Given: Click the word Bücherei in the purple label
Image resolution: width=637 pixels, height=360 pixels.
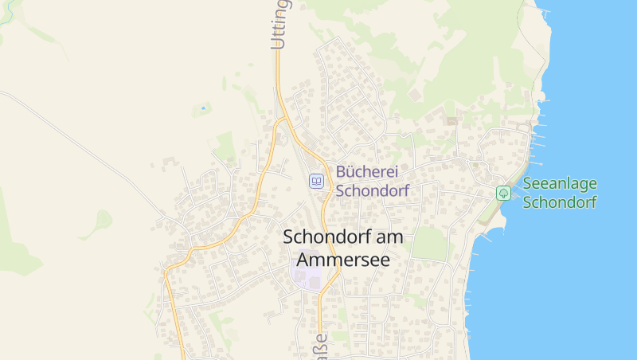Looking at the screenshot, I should click(366, 171).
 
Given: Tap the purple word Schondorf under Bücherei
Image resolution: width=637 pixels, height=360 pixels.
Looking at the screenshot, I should click(372, 191).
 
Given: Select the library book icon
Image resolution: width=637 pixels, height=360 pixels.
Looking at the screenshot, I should click(317, 182).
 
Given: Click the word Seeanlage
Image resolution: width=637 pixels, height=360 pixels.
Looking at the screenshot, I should click(560, 183).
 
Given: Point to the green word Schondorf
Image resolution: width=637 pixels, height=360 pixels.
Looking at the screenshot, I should click(560, 202).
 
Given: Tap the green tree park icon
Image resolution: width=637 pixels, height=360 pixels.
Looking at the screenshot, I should click(503, 193).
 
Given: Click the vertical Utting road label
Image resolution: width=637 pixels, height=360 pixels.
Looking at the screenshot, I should click(278, 24).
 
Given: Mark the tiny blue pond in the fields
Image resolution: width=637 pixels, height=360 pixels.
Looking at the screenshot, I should click(203, 108).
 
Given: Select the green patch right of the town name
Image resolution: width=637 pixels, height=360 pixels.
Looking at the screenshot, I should click(430, 243).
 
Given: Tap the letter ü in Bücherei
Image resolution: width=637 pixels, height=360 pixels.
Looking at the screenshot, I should click(349, 171).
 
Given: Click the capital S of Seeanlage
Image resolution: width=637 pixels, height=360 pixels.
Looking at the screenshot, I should click(527, 183).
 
